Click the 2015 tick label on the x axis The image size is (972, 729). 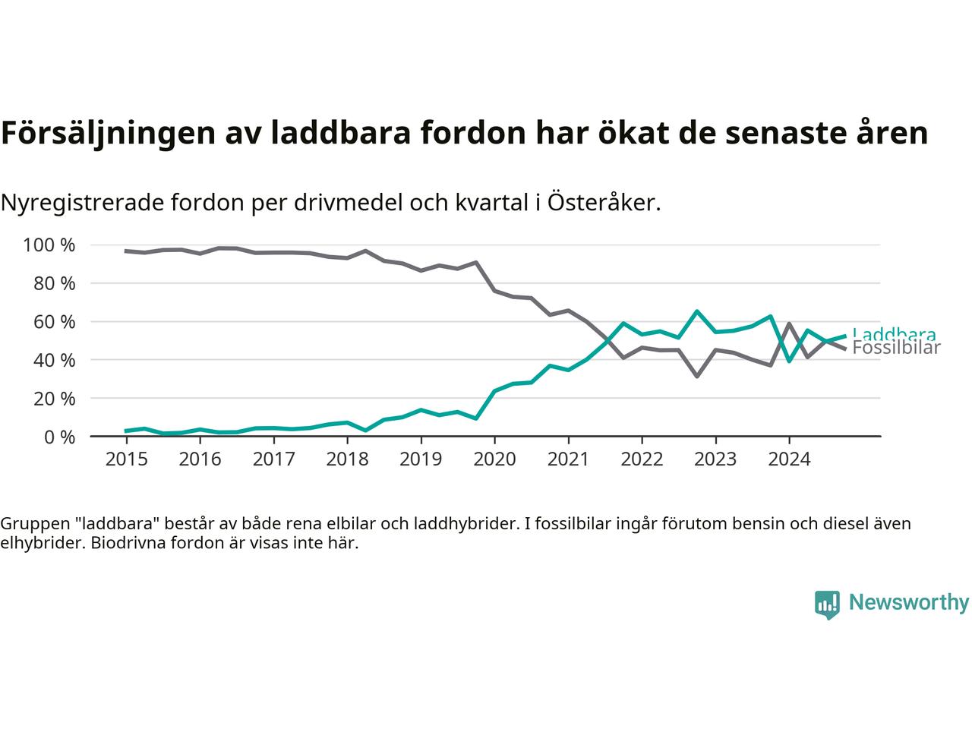point(126,459)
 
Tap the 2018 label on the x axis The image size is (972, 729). point(347,459)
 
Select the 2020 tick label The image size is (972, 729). point(494,459)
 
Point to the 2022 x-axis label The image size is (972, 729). point(642,459)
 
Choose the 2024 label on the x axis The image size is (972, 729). point(789,459)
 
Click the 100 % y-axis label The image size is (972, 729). point(49,245)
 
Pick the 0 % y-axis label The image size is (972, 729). point(60,437)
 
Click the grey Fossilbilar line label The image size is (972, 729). point(896,349)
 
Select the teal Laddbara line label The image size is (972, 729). point(894,333)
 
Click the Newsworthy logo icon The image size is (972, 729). point(827,604)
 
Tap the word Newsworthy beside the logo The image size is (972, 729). point(908,603)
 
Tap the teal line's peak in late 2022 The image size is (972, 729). point(697,311)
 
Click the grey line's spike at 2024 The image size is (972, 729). point(789,323)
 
